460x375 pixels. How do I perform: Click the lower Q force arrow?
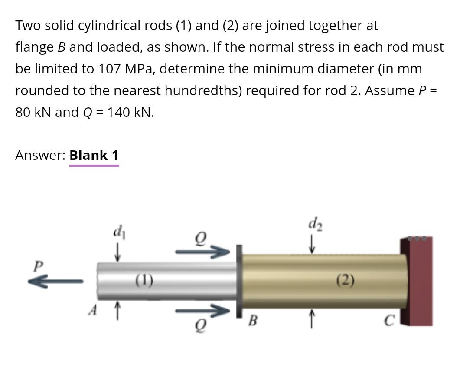pyautogui.click(x=202, y=311)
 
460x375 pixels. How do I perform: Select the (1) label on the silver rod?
pyautogui.click(x=144, y=280)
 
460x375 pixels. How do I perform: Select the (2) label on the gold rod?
pyautogui.click(x=345, y=281)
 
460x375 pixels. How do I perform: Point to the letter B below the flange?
pyautogui.click(x=253, y=322)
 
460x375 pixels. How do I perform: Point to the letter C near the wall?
pyautogui.click(x=389, y=321)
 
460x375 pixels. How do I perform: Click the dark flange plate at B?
pyautogui.click(x=239, y=281)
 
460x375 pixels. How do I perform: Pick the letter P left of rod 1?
pyautogui.click(x=39, y=265)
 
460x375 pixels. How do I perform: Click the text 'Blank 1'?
pyautogui.click(x=94, y=155)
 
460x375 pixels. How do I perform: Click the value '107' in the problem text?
pyautogui.click(x=109, y=69)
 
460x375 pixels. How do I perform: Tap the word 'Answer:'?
pyautogui.click(x=40, y=155)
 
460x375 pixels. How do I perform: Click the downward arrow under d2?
pyautogui.click(x=312, y=246)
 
